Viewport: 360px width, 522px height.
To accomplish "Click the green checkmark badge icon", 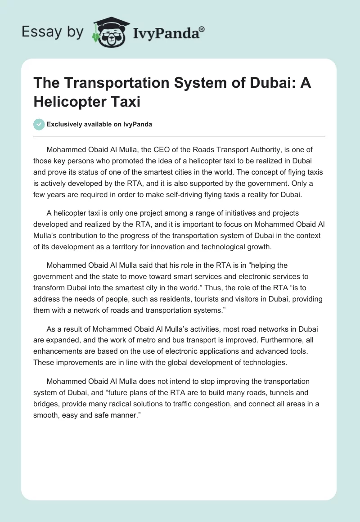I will click(x=40, y=124).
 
